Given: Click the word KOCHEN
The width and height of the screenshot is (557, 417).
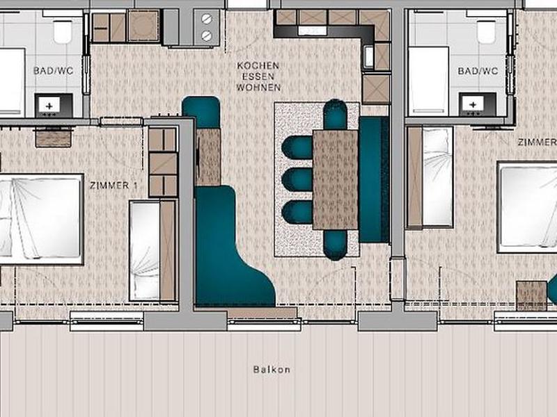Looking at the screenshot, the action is [258, 65].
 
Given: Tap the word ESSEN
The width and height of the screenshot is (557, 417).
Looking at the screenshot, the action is [258, 76].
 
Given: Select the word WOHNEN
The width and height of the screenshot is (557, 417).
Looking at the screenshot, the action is [258, 88].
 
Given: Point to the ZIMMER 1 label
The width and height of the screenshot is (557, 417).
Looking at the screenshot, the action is [113, 185].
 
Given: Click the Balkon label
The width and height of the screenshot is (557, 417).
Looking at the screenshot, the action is [272, 370].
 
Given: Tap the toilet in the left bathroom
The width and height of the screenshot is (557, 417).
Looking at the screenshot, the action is [63, 31].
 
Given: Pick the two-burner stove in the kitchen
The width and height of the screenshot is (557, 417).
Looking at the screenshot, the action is [206, 28].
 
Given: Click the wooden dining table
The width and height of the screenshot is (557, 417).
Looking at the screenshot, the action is [335, 179].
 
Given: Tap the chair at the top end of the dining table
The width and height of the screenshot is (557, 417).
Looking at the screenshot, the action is [335, 114].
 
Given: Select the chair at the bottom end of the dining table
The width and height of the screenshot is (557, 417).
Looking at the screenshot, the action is [335, 245].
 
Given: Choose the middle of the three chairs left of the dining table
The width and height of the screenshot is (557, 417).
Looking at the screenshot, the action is [297, 179].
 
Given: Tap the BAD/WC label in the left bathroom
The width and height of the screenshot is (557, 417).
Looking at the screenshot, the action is [54, 71].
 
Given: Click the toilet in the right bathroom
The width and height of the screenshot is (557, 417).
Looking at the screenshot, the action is [486, 31].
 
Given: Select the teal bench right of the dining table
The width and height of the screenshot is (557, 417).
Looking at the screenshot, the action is [375, 180].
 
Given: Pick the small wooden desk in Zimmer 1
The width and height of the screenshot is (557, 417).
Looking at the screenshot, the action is [54, 137].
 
